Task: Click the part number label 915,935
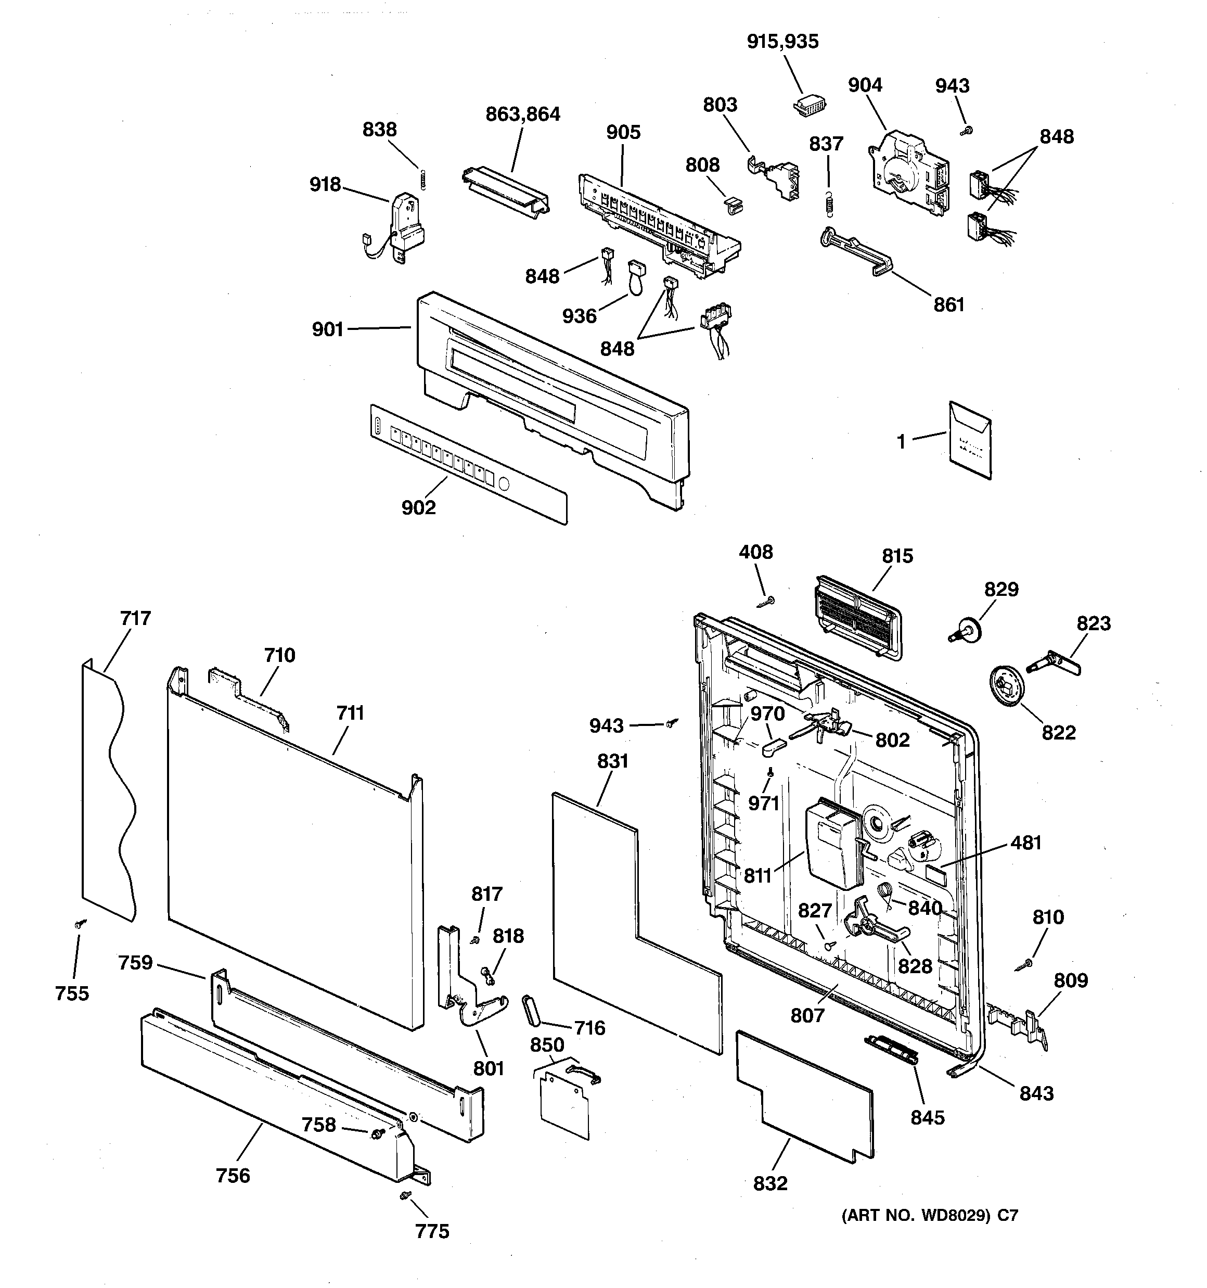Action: pos(782,42)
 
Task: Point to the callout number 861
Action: pos(948,304)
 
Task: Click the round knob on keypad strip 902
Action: pos(505,484)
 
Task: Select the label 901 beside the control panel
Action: pos(328,330)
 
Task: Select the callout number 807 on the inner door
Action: pos(807,1015)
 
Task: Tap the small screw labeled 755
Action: pos(80,924)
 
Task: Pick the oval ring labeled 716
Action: pos(531,1011)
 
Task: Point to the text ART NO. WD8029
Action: pos(916,1216)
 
